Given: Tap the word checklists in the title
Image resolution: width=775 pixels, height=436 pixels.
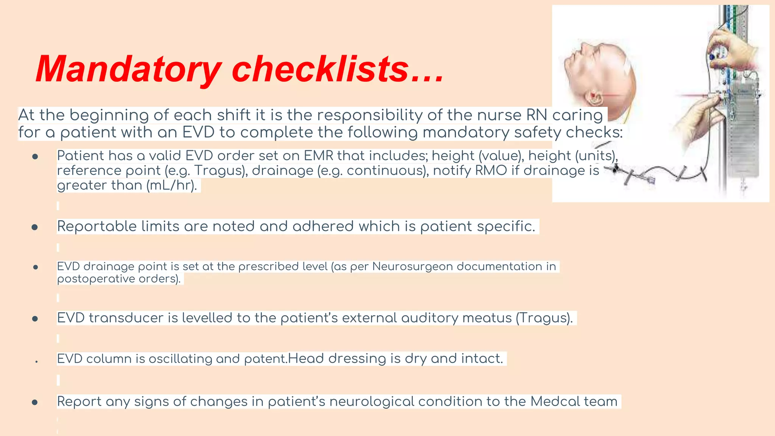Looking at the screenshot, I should [x=320, y=69].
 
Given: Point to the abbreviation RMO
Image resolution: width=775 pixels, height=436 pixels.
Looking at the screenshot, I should [x=491, y=171].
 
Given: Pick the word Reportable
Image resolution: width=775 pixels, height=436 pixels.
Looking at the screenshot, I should [x=97, y=226].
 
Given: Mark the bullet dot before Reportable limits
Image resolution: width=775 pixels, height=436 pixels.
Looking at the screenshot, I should [x=35, y=227].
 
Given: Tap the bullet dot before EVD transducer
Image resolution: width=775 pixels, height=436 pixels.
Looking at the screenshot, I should [x=35, y=319].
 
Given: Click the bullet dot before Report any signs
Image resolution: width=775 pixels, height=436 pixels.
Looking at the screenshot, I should [x=35, y=402].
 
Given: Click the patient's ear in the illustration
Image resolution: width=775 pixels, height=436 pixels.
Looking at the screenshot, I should [x=594, y=97].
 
